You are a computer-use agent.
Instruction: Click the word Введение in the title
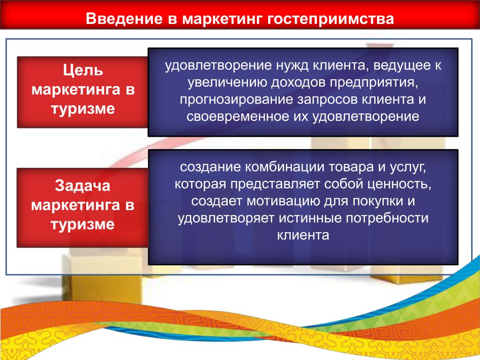124,19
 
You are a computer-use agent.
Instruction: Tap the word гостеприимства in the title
330,19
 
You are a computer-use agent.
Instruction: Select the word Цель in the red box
83,71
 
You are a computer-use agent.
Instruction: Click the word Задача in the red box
82,186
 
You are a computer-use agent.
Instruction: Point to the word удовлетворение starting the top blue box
218,66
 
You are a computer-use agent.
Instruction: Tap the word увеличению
227,83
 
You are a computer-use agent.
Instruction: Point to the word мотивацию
279,202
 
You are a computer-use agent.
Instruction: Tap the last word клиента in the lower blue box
303,236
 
